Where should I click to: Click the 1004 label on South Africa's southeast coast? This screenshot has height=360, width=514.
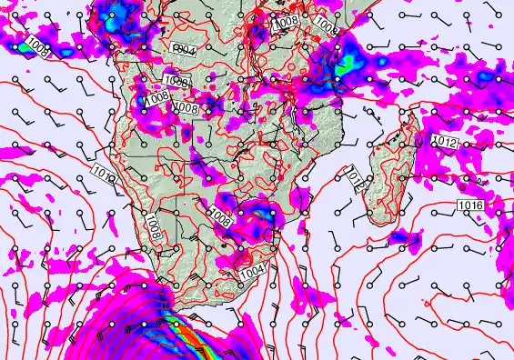point(252,271)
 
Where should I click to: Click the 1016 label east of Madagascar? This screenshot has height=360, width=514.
point(471,206)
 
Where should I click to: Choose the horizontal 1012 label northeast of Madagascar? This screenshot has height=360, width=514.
point(445,142)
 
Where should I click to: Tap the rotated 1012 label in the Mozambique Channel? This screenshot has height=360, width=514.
point(356,181)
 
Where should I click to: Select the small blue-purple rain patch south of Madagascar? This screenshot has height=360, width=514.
point(398,237)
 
